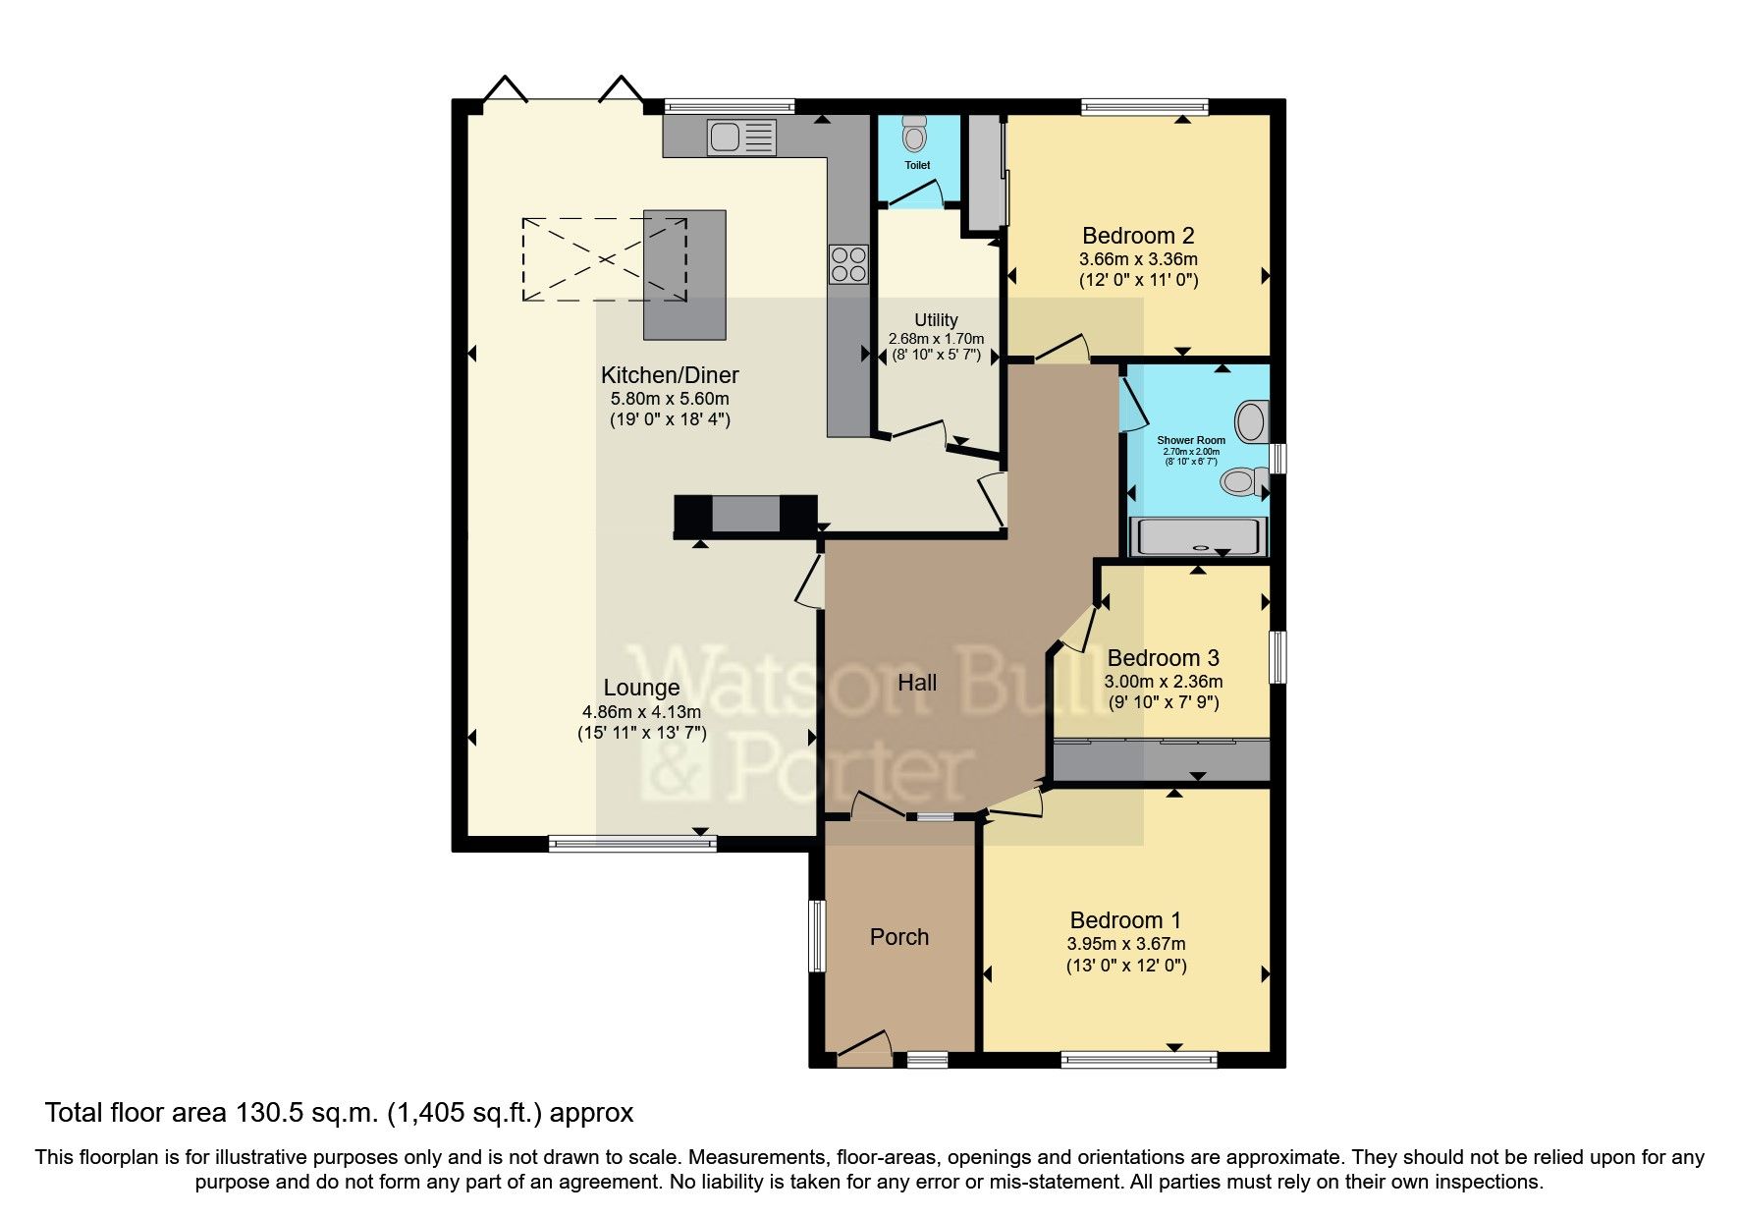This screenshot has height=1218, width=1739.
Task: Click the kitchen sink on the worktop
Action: point(741,137)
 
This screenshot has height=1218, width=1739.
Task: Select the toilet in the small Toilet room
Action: point(915,134)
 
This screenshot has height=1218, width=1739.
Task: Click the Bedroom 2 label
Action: point(1138,236)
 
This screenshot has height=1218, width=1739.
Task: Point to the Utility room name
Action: point(936,320)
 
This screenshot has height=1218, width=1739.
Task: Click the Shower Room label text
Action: point(1191,440)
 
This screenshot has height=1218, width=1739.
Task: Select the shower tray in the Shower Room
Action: point(1197,537)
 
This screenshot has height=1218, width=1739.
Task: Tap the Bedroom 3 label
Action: point(1163,658)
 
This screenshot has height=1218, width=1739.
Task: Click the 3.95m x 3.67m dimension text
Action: point(1126,944)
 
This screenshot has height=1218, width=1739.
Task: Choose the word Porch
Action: point(898,937)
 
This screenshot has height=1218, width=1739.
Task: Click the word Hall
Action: point(917,683)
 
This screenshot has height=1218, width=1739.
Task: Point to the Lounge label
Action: point(641,688)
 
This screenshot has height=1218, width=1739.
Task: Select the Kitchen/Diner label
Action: point(670,375)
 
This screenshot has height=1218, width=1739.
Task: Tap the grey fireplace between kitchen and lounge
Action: point(745,515)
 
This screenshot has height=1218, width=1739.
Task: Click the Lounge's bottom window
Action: point(632,843)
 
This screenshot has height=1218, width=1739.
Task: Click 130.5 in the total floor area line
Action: point(268,1113)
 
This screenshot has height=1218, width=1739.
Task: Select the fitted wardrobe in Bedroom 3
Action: point(1162,758)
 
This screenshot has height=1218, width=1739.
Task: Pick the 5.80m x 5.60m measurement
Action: point(670,399)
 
